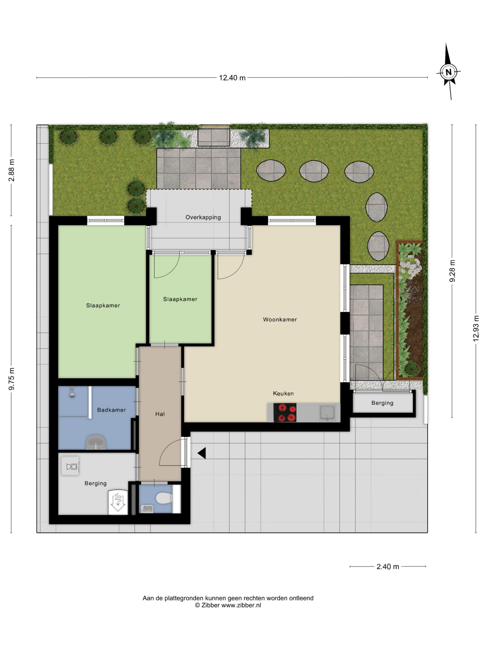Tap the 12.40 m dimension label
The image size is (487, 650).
(x=232, y=78)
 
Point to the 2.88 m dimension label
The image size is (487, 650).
(x=11, y=170)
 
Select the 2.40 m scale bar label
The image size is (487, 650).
(x=388, y=567)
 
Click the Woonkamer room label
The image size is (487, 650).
(x=280, y=319)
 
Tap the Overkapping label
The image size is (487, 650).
(x=203, y=217)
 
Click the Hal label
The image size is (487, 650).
(x=160, y=414)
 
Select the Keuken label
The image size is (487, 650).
(x=283, y=394)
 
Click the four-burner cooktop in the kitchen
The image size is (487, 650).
(x=285, y=413)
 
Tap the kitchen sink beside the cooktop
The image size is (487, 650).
(x=327, y=412)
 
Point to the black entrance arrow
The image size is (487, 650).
(x=202, y=453)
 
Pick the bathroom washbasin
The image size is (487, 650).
(x=96, y=442)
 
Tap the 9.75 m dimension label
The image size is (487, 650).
(x=11, y=379)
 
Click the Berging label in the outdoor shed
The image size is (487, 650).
(x=382, y=403)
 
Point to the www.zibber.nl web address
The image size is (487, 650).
(x=241, y=605)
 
